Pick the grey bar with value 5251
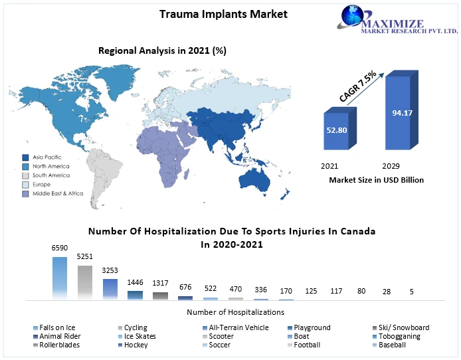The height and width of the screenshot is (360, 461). point(85,282)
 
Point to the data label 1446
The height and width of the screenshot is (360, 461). point(135,282)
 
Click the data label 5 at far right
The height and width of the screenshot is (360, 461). point(412,292)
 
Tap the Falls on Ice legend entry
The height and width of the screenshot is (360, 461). point(56,327)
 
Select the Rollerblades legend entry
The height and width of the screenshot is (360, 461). point(58,345)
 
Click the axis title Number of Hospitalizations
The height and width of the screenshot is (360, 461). point(235,312)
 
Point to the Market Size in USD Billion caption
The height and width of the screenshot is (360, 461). point(376,179)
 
